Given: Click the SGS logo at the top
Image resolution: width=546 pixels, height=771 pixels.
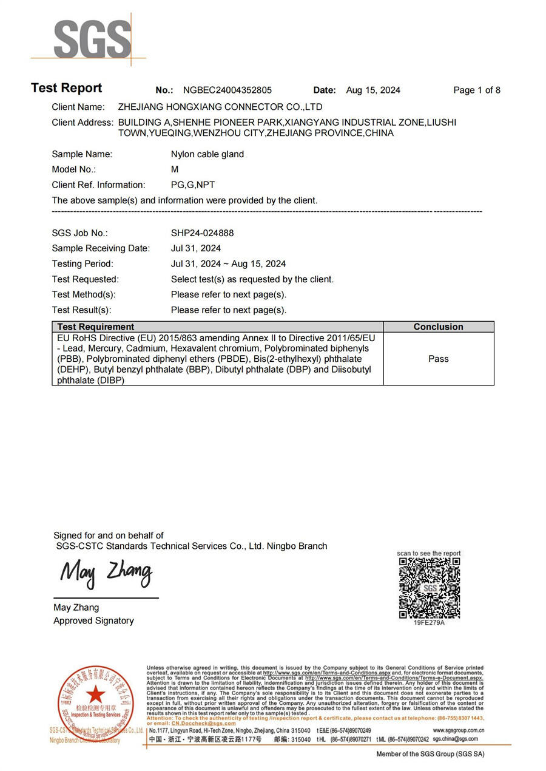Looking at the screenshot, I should [x=92, y=39].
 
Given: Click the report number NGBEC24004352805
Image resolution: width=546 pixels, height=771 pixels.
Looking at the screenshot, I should [x=227, y=90].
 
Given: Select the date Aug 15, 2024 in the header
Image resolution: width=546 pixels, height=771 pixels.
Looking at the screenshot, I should [x=373, y=90].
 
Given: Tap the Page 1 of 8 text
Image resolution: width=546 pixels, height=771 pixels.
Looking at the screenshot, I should [x=477, y=90].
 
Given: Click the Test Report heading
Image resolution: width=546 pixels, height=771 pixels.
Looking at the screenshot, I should [x=67, y=88].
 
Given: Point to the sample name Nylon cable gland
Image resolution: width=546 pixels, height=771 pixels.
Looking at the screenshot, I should [x=207, y=154].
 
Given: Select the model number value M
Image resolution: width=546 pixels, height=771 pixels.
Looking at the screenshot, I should [x=175, y=169].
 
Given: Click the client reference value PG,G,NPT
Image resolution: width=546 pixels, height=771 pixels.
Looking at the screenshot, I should [x=193, y=185].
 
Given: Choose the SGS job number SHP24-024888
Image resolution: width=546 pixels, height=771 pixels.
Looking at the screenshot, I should [x=202, y=233].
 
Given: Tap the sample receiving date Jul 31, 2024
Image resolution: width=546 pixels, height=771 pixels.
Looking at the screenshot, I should [x=196, y=248].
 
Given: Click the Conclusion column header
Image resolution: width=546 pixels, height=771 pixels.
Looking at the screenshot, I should [x=438, y=327].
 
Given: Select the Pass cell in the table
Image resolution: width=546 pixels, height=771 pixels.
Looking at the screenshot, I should [x=438, y=359].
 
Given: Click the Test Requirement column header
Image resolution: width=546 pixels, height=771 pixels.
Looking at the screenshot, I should [x=96, y=327].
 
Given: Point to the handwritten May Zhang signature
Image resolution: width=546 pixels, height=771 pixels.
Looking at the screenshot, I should [x=106, y=573].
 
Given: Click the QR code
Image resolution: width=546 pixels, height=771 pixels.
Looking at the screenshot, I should [x=429, y=588].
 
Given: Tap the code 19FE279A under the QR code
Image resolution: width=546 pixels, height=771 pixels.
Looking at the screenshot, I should [x=429, y=623].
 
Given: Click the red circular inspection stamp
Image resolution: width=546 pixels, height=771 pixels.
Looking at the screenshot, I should [x=95, y=704].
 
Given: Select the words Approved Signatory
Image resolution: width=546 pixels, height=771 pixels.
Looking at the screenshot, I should [x=93, y=620].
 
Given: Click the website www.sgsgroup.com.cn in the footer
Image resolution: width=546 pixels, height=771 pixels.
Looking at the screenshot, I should [x=459, y=730].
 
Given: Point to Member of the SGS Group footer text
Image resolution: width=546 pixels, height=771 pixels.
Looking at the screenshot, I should [x=430, y=754].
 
